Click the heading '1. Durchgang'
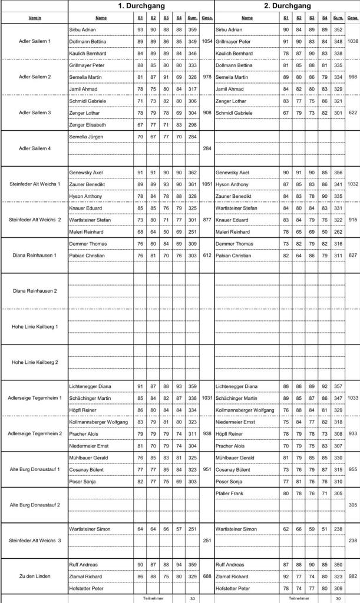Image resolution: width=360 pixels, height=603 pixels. (x=140, y=6)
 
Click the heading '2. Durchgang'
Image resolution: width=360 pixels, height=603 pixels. (x=287, y=6)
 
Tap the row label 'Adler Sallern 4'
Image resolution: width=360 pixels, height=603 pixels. (x=35, y=148)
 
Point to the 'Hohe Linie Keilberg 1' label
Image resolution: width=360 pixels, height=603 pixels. (x=35, y=326)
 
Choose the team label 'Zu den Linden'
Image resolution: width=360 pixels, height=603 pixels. (x=35, y=576)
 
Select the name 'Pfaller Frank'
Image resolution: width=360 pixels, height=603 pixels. (x=229, y=493)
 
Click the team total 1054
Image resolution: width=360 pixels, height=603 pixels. (x=206, y=41)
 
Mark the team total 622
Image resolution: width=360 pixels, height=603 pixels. (x=352, y=112)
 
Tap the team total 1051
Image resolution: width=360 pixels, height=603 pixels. (x=206, y=184)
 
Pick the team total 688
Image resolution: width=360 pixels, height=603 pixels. (x=206, y=576)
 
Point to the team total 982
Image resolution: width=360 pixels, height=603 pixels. (x=352, y=576)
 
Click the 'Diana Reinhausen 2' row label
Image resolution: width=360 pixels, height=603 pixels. (x=35, y=291)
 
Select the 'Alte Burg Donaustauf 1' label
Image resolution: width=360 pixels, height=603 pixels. (x=35, y=469)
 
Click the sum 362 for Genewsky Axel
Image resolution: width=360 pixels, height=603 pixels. (x=192, y=173)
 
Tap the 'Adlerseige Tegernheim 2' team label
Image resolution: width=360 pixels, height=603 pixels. (x=35, y=433)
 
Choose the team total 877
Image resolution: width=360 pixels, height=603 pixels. (x=206, y=220)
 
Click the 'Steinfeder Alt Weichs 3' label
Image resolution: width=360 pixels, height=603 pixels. (x=35, y=540)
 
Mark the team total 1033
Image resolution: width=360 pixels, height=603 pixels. (x=352, y=398)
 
